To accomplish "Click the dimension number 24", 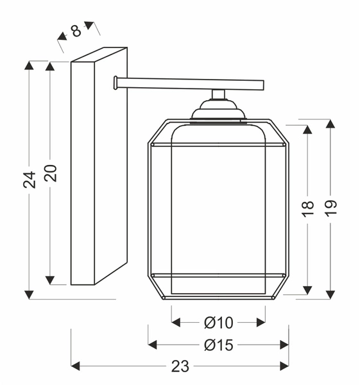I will point(30,180).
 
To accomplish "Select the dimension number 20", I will point(51,173).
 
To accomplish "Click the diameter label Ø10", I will point(219,321).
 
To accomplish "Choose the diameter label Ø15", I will point(219,345).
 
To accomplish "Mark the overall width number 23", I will point(180,366).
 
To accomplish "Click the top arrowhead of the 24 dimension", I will point(29,67).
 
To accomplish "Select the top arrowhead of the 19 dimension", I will point(330,124).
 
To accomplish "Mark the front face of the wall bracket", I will point(83,173).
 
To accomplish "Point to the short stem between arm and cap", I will point(218,94).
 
